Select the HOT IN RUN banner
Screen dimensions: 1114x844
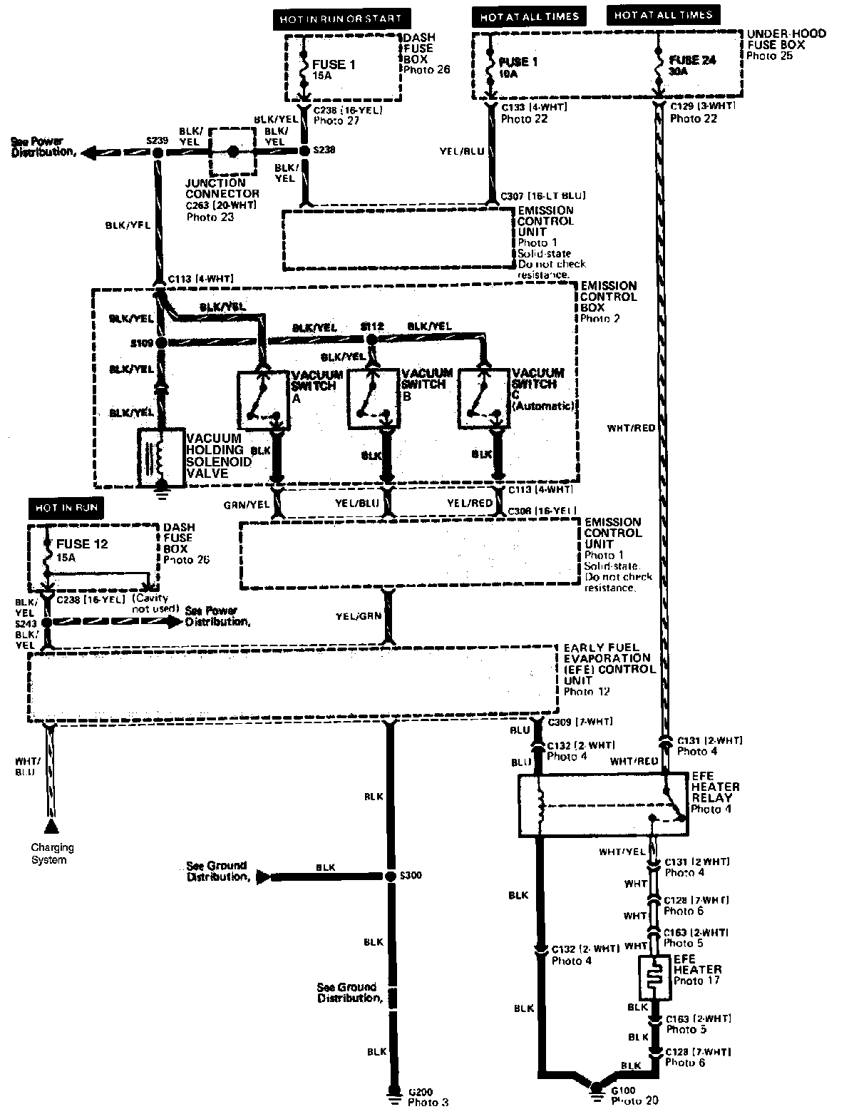[66, 508]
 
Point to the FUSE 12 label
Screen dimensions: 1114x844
[82, 544]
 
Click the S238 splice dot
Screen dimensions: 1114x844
[303, 150]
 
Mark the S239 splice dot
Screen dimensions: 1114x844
[157, 152]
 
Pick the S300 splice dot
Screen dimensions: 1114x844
[390, 877]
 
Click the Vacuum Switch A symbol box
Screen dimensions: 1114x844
[262, 399]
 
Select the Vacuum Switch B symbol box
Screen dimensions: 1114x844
[373, 399]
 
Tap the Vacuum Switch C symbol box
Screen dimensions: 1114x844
[483, 399]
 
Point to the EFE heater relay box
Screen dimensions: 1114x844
[602, 806]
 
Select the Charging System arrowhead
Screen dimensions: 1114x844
[51, 827]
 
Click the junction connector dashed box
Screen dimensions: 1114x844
[232, 151]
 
